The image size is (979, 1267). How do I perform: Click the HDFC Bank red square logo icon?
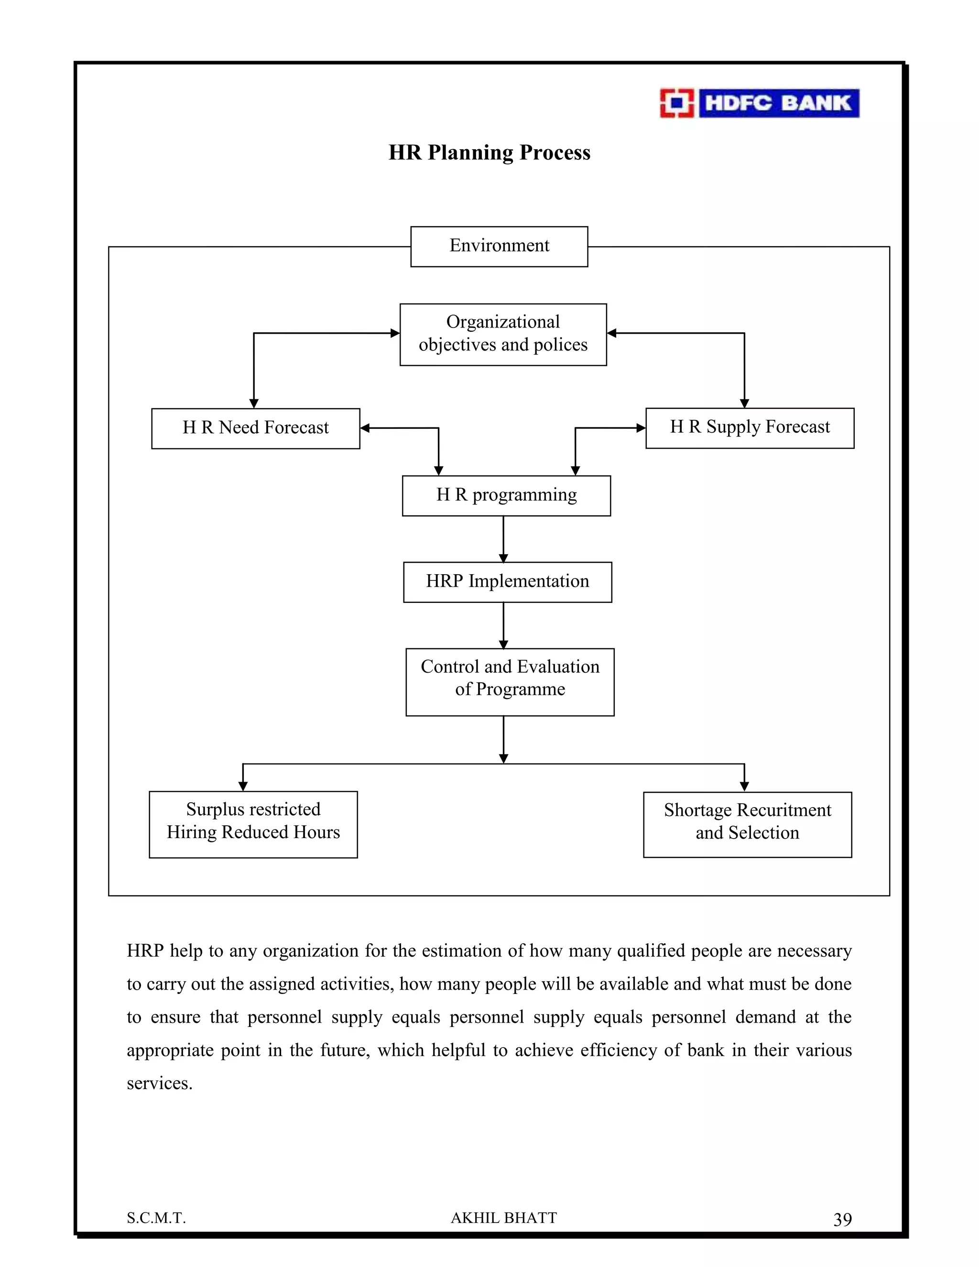click(x=676, y=103)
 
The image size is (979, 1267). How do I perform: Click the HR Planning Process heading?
click(x=489, y=153)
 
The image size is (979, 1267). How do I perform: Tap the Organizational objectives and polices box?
click(x=503, y=334)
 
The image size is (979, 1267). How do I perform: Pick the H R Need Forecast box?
click(x=255, y=428)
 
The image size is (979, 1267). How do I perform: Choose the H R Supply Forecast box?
click(x=750, y=427)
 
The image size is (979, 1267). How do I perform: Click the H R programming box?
click(x=506, y=495)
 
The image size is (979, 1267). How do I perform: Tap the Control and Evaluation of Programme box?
click(x=510, y=682)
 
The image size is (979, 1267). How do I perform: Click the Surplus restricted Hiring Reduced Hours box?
click(x=253, y=824)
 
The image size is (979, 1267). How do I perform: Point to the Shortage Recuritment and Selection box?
click(x=747, y=824)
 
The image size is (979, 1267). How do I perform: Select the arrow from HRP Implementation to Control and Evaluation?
click(x=503, y=625)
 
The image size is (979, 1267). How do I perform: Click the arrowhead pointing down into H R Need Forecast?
click(x=253, y=403)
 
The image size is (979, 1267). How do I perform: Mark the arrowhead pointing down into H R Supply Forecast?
click(x=745, y=403)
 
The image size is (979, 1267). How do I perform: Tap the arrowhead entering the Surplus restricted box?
click(x=243, y=786)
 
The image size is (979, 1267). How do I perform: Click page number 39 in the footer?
click(x=842, y=1220)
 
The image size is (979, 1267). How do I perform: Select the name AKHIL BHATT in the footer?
click(x=503, y=1218)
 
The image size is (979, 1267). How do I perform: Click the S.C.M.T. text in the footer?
click(x=156, y=1218)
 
